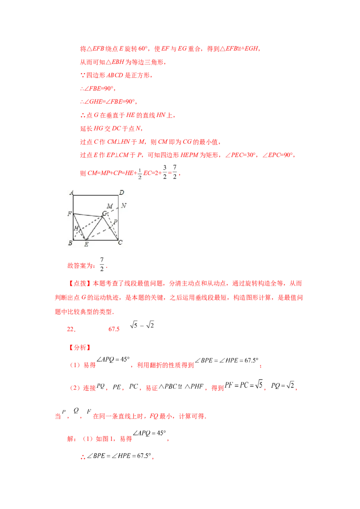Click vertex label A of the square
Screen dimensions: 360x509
tap(72, 192)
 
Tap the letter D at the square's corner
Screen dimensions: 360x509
tap(121, 192)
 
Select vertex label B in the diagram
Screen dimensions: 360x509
tap(71, 243)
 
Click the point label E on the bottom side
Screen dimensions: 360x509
tap(86, 244)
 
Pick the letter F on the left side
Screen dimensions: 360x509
tap(70, 214)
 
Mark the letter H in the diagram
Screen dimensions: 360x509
tap(76, 229)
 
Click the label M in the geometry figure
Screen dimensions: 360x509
tap(109, 206)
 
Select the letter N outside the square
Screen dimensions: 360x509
tap(124, 206)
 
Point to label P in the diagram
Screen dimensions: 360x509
tap(115, 222)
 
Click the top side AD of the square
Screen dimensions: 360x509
tap(96, 196)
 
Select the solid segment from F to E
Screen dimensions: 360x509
tap(79, 227)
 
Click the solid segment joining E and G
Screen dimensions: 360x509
tap(94, 228)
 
